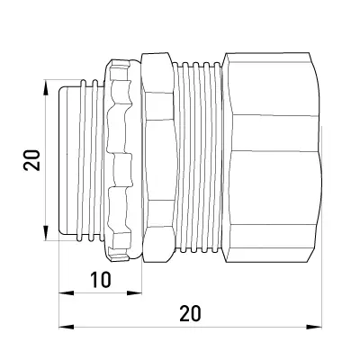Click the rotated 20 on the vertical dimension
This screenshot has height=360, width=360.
[x=31, y=160]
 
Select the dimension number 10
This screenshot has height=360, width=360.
[x=101, y=280]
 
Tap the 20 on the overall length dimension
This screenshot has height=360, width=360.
[x=190, y=313]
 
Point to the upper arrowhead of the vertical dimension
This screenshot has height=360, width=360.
[x=45, y=88]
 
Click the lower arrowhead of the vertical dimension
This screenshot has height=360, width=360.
[x=45, y=233]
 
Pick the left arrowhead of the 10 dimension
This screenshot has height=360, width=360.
[x=67, y=293]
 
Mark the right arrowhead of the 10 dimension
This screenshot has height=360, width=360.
[x=134, y=293]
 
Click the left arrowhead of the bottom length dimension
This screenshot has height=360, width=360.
[x=67, y=327]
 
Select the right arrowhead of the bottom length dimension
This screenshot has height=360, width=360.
[x=314, y=327]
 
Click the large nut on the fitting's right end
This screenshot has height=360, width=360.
[x=273, y=157]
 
